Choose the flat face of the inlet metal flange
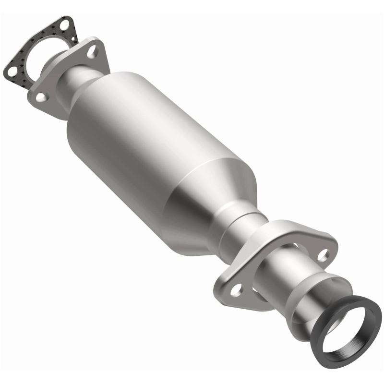point(58,82)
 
